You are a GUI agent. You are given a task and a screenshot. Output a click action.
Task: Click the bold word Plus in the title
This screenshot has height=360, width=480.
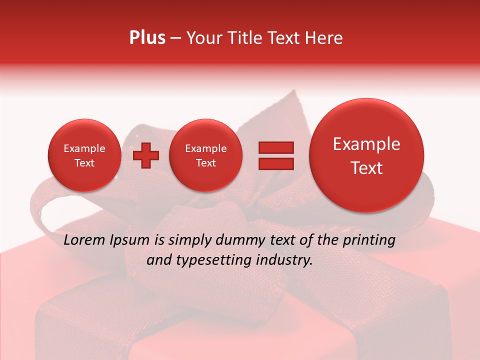(147, 38)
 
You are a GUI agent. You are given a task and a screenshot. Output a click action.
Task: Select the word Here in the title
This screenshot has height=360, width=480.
(324, 38)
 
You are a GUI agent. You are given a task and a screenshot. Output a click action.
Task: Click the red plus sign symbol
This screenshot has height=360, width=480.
(145, 155)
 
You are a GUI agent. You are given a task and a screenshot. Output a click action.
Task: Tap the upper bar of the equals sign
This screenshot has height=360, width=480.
(276, 147)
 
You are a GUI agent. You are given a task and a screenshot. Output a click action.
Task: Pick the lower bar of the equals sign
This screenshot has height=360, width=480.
(276, 164)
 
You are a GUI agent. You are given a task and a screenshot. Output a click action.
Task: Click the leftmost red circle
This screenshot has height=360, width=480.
(84, 155)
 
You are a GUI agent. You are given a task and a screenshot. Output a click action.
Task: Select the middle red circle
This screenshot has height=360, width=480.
(206, 155)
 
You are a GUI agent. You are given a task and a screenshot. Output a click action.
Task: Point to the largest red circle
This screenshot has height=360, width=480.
(366, 155)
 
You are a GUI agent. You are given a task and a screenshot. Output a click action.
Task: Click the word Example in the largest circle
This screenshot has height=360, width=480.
(366, 144)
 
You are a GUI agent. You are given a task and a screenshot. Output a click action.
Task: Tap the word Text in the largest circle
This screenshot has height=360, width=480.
(366, 168)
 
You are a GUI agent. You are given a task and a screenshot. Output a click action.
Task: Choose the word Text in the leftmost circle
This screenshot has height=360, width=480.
(84, 163)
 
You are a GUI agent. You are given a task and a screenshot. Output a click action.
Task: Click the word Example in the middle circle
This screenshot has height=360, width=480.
(206, 148)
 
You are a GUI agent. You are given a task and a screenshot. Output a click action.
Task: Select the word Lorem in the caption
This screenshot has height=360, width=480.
(84, 240)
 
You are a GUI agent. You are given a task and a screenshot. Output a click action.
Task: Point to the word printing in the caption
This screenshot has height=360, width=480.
(368, 240)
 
